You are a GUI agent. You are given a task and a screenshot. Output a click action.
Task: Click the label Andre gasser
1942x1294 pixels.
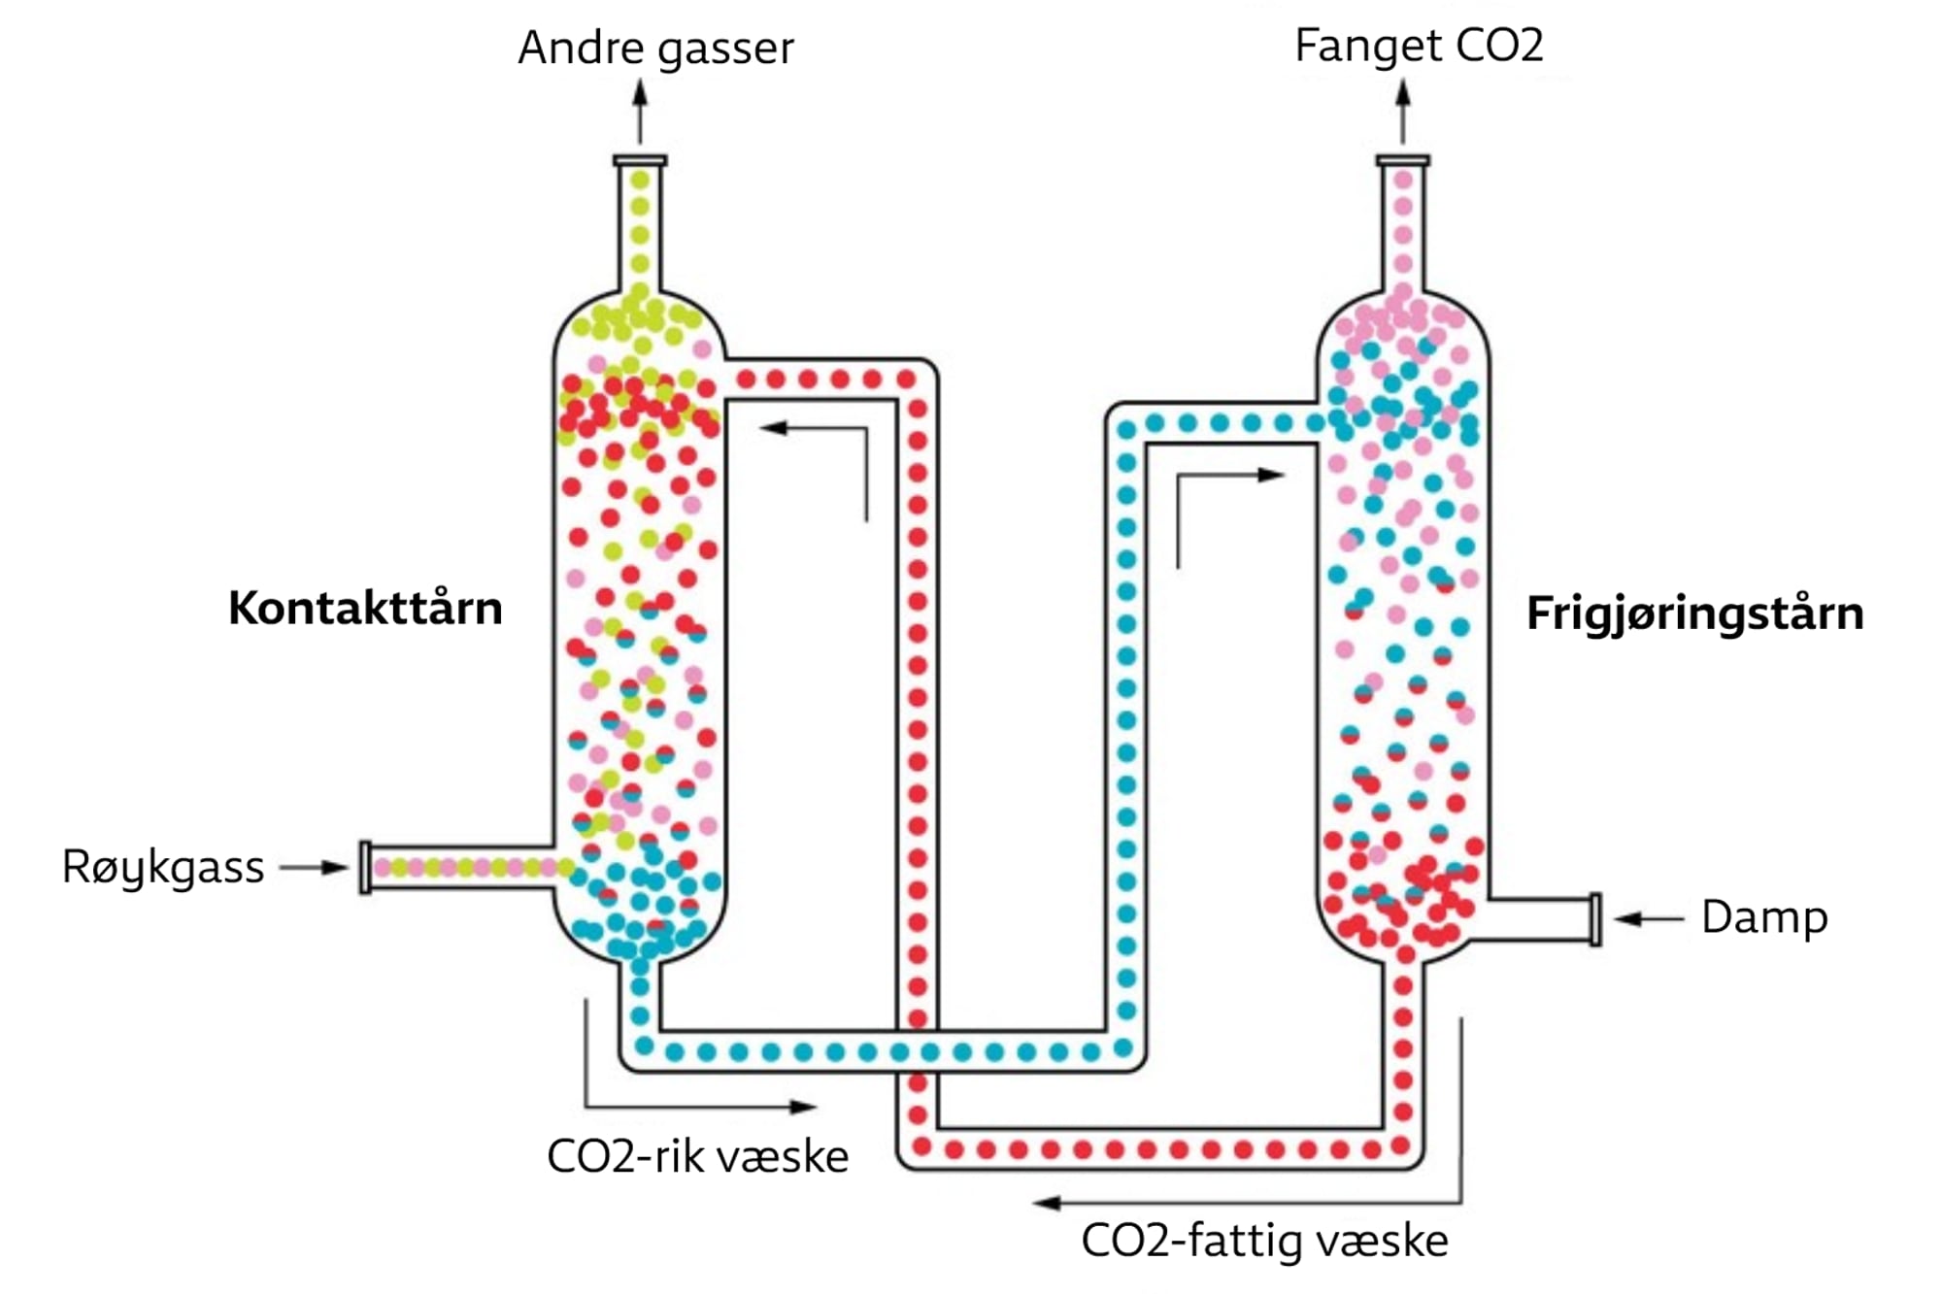[x=655, y=49]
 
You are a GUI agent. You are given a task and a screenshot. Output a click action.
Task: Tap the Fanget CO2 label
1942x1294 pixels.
[x=1419, y=46]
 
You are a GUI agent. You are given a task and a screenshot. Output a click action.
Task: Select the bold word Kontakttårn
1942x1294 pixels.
[x=365, y=609]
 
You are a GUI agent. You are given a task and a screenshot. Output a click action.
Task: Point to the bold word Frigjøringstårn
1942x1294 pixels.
[x=1694, y=614]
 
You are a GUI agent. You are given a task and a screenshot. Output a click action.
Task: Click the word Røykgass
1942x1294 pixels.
[x=163, y=867]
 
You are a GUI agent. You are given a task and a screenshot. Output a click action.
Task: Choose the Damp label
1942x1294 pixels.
[x=1764, y=917]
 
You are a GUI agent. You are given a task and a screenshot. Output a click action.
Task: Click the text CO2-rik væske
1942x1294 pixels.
[x=697, y=1156]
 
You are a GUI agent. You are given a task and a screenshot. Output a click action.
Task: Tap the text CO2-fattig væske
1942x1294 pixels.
[x=1264, y=1241]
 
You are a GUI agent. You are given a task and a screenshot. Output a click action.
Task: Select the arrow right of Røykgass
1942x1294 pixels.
[x=316, y=867]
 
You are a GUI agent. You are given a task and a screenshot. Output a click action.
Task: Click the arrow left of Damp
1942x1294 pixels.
[x=1648, y=918]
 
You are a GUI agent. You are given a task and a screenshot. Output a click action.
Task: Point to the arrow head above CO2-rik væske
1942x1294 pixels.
[x=803, y=1106]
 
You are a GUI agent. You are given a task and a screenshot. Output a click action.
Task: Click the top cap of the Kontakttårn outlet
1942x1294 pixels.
[x=640, y=160]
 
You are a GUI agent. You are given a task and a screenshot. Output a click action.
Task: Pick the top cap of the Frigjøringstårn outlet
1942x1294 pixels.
[x=1403, y=160]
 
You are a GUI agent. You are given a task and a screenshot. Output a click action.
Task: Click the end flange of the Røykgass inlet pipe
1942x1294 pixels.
[x=365, y=867]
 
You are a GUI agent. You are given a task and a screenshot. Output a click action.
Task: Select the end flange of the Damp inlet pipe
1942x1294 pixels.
[x=1595, y=918]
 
